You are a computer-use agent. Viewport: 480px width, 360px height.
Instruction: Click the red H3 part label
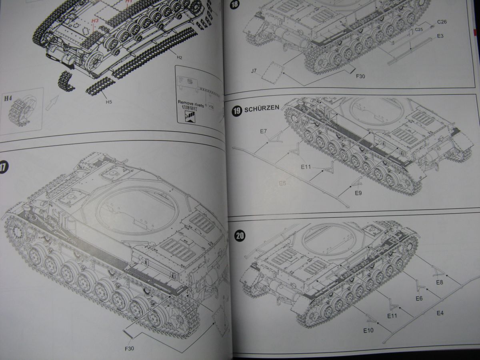(x=95, y=20)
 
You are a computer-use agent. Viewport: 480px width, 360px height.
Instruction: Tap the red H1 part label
(x=128, y=2)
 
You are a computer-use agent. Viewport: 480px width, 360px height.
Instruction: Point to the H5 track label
(x=109, y=102)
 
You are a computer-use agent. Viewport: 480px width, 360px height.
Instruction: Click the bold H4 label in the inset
(x=9, y=98)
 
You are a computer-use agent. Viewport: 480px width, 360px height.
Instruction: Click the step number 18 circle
(x=235, y=5)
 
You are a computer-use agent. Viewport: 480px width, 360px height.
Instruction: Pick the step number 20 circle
(x=240, y=236)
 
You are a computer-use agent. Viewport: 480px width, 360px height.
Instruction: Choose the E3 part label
(x=440, y=36)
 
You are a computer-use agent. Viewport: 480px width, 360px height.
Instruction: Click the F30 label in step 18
(x=360, y=76)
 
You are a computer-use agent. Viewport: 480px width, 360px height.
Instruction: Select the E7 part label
(x=263, y=131)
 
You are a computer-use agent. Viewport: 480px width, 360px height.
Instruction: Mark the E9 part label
(x=358, y=193)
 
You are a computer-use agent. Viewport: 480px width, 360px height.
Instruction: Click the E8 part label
(x=440, y=282)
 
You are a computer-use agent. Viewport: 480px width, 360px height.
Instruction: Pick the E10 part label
(x=368, y=330)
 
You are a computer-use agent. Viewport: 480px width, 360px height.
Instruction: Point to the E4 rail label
(x=440, y=312)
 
